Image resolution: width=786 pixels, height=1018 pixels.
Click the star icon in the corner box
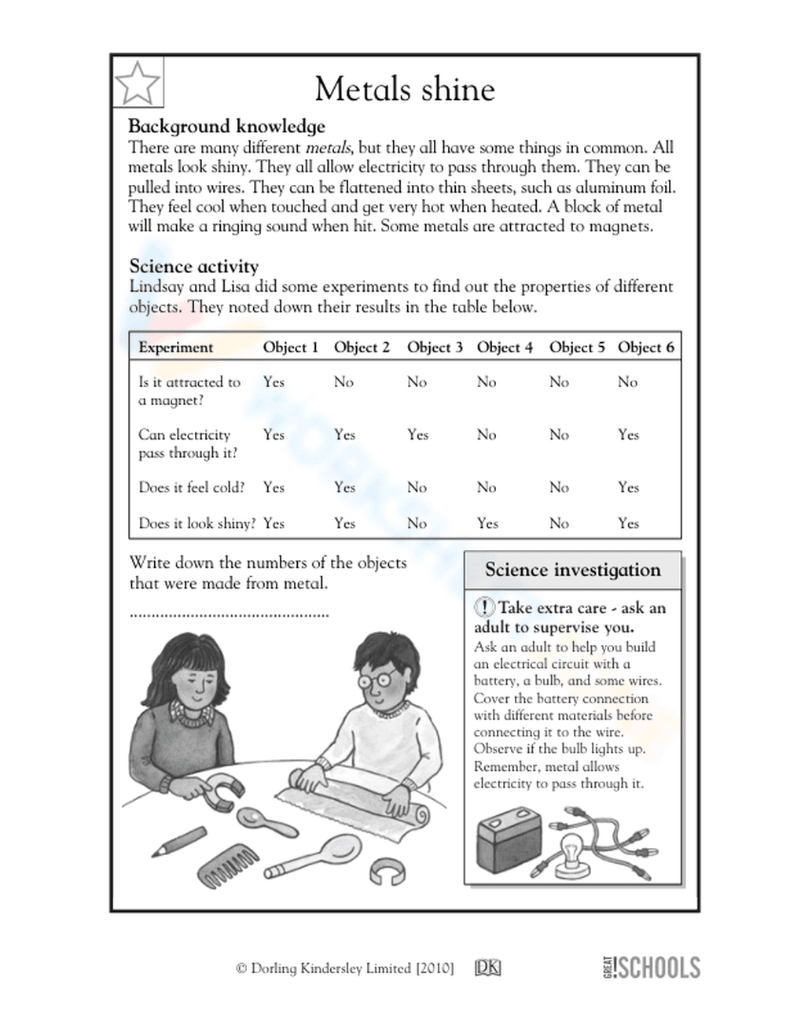click(x=138, y=81)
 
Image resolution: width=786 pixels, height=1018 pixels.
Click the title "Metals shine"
click(x=405, y=89)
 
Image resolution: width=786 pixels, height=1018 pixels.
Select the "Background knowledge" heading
click(x=226, y=126)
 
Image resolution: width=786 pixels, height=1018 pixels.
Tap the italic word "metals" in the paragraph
click(x=329, y=147)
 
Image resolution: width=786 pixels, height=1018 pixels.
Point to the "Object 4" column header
click(x=505, y=347)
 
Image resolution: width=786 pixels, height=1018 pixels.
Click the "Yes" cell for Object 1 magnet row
click(x=274, y=382)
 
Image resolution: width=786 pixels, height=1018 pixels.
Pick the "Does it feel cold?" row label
click(x=191, y=487)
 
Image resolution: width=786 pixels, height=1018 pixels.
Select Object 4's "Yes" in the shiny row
click(x=487, y=522)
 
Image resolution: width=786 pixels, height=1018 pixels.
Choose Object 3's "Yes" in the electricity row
click(x=417, y=434)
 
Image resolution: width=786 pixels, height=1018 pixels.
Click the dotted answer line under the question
click(x=228, y=614)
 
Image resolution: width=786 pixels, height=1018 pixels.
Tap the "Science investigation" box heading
click(x=572, y=570)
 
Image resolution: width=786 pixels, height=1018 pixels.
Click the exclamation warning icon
click(x=484, y=607)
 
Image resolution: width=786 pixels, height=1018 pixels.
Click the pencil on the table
click(x=180, y=839)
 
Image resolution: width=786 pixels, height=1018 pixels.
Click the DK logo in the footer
click(x=487, y=968)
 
